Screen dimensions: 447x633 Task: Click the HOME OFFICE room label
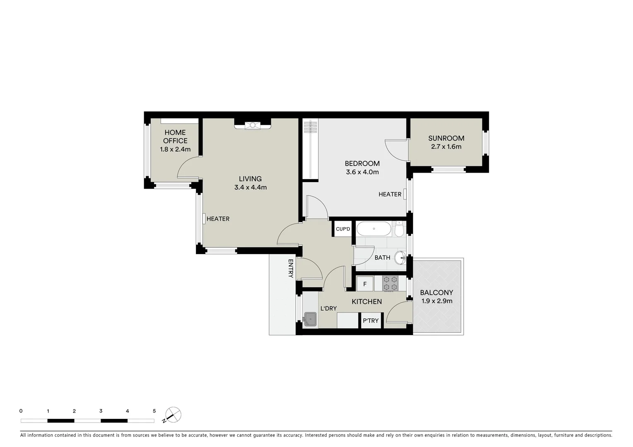(x=175, y=136)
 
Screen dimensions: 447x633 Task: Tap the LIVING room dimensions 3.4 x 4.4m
(x=250, y=187)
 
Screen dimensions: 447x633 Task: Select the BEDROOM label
(x=362, y=163)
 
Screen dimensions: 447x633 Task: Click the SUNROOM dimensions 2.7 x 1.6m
(x=446, y=147)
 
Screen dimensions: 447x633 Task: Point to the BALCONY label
(x=436, y=293)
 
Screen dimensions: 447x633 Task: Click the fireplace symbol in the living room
(x=252, y=125)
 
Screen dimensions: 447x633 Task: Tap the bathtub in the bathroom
(x=373, y=229)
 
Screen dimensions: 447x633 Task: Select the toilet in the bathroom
(x=399, y=229)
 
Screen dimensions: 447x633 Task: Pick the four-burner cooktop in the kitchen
(x=390, y=284)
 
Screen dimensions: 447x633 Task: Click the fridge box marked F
(x=365, y=284)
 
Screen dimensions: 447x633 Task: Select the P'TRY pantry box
(x=371, y=321)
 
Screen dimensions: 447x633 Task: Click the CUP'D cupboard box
(x=342, y=229)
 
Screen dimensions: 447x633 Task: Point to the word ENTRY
(x=291, y=268)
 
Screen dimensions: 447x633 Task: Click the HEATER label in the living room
(x=218, y=219)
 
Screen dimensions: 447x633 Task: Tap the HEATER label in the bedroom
(x=390, y=194)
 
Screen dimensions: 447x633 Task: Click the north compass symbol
(x=173, y=415)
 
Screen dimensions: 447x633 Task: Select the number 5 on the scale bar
(x=154, y=411)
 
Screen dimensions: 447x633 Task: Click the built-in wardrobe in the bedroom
(x=310, y=149)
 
